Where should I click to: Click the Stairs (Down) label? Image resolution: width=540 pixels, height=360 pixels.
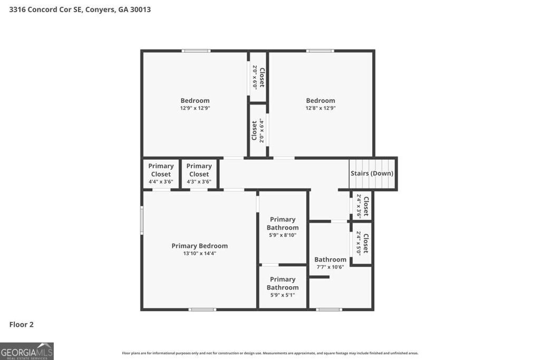372,173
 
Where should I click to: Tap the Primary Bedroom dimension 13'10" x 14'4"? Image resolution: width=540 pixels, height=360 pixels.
200,253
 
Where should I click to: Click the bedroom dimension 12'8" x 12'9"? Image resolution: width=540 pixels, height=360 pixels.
321,108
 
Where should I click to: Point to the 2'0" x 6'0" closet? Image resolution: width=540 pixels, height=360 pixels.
258,77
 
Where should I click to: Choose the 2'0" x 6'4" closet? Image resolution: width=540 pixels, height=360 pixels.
257,130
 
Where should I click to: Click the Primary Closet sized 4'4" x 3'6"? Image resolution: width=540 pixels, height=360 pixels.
161,174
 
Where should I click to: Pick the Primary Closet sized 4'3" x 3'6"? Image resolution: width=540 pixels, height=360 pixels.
199,174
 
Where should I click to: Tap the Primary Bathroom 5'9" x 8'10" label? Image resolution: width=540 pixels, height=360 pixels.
283,227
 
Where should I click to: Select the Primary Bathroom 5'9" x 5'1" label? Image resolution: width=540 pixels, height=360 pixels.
283,287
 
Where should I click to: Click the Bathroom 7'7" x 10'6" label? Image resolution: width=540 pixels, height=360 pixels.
330,262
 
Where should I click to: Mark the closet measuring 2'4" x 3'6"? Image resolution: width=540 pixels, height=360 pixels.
362,206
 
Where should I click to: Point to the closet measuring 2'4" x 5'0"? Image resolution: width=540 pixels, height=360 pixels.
362,243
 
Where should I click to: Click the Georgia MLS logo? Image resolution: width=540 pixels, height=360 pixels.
27,351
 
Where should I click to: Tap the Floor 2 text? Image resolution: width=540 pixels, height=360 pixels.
22,325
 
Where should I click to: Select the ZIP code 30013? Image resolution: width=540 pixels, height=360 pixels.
139,9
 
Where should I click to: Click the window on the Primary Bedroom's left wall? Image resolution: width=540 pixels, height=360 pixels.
142,220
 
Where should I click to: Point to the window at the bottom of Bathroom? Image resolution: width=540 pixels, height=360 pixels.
329,309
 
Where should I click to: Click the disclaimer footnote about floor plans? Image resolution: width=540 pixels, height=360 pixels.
270,353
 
